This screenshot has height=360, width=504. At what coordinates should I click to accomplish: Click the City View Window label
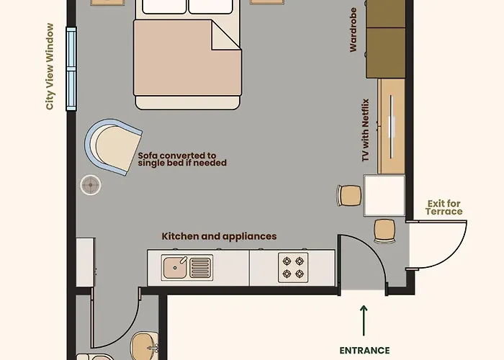coord(50,67)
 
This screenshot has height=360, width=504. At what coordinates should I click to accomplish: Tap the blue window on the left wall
coord(71,68)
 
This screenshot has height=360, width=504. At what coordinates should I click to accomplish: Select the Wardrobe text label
coord(354,35)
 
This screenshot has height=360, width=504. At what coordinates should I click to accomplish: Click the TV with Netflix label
coord(365,130)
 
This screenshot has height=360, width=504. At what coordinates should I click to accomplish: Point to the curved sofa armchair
coord(114,147)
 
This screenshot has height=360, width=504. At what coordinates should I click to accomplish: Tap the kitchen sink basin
coord(176,267)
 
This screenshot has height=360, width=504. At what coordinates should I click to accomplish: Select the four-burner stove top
coord(294,267)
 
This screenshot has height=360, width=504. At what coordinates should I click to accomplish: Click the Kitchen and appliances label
coord(219,236)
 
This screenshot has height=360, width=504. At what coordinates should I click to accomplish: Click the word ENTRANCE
coord(364,350)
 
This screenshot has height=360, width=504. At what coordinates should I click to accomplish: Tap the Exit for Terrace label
coord(444,207)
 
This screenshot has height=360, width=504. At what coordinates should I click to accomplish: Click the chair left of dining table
coord(350,195)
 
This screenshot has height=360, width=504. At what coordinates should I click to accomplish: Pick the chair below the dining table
coord(384,230)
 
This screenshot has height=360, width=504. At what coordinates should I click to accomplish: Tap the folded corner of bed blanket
coord(225,35)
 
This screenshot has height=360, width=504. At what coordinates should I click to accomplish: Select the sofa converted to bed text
coord(177,159)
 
